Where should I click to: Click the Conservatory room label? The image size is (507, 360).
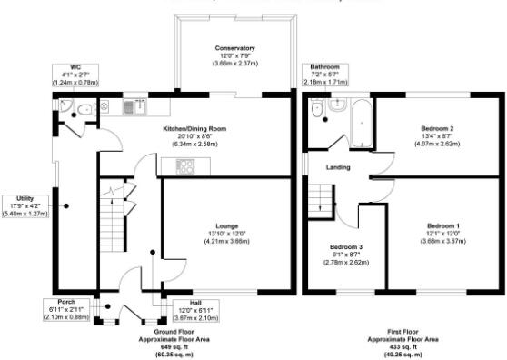pyautogui.click(x=234, y=47)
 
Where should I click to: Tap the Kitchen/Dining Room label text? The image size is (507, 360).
pyautogui.click(x=194, y=129)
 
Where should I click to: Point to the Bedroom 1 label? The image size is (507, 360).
pyautogui.click(x=444, y=225)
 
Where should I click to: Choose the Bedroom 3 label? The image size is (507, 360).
pyautogui.click(x=345, y=248)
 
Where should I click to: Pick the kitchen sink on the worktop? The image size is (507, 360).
pyautogui.click(x=129, y=106)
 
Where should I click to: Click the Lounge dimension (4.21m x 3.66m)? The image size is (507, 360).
pyautogui.click(x=226, y=241)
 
